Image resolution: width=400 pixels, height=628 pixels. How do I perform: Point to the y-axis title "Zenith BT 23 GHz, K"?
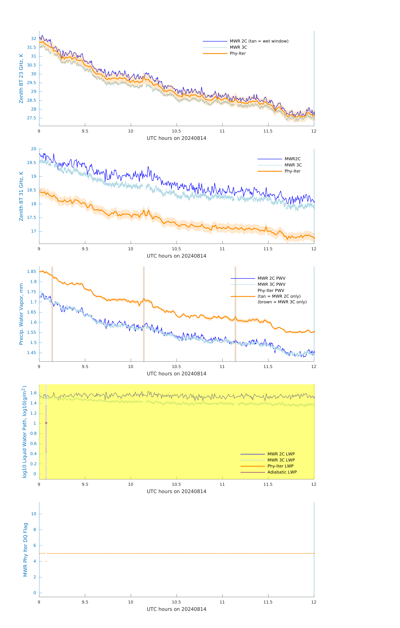pos(21,78)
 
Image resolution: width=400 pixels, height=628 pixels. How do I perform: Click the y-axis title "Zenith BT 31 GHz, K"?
pos(21,196)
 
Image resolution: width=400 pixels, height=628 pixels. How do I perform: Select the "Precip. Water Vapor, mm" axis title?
pos(21,314)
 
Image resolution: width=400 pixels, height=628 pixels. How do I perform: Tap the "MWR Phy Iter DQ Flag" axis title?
pos(25,549)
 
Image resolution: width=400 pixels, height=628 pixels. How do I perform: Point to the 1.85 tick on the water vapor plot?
pos(32,272)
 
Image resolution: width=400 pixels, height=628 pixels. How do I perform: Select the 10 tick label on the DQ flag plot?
pos(34,514)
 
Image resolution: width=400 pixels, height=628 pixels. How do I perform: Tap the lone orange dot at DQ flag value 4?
pos(46,561)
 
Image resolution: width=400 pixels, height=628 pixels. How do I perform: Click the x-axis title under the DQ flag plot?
pos(176,609)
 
